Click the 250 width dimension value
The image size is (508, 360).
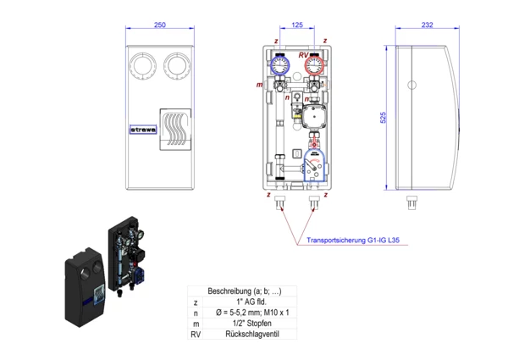pyautogui.click(x=160, y=25)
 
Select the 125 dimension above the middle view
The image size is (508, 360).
pyautogui.click(x=296, y=25)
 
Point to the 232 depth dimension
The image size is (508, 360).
pyautogui.click(x=427, y=25)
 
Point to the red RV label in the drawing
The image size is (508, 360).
pyautogui.click(x=302, y=55)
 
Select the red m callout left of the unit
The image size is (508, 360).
pyautogui.click(x=258, y=86)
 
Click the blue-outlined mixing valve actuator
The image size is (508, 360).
pyautogui.click(x=313, y=165)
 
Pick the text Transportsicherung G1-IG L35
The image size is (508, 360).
pyautogui.click(x=354, y=241)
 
